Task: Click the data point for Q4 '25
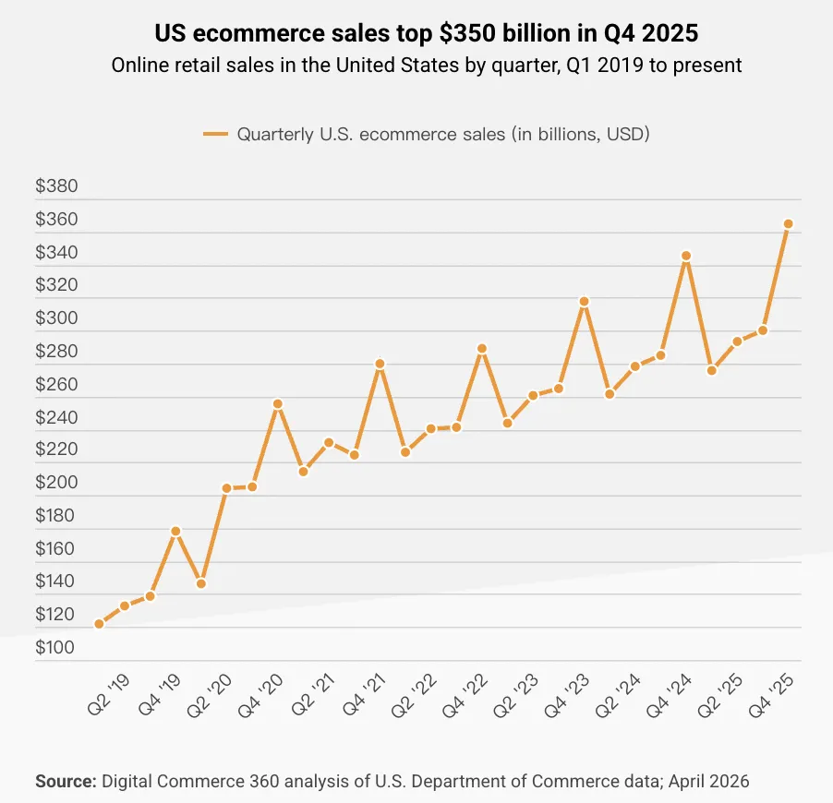[788, 224]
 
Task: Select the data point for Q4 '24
[686, 256]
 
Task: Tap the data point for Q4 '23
[584, 302]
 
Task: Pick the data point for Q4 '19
[175, 531]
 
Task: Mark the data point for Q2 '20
[226, 488]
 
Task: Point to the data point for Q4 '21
[380, 364]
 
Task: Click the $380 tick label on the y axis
[56, 187]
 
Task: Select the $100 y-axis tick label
[56, 648]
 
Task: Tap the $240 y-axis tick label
[56, 418]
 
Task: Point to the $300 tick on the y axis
[56, 319]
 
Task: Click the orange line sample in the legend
[215, 135]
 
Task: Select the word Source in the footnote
[66, 782]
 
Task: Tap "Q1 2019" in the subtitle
[538, 66]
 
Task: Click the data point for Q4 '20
[277, 403]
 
